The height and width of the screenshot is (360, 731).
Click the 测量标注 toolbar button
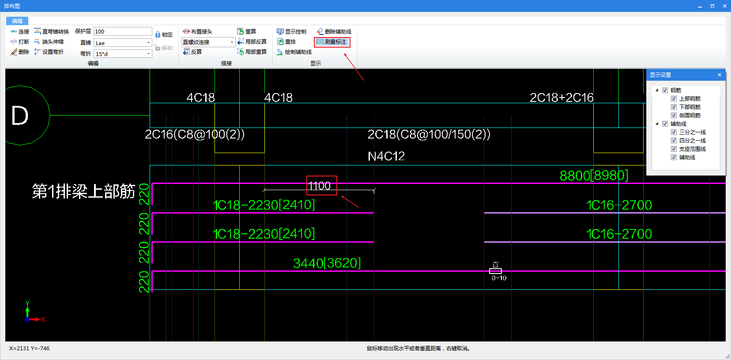(x=332, y=42)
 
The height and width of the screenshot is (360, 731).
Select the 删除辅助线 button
(x=334, y=32)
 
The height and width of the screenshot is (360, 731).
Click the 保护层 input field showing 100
(x=123, y=32)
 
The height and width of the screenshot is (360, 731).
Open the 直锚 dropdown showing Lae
(x=123, y=43)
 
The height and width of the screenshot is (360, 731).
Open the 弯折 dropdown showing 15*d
(x=123, y=54)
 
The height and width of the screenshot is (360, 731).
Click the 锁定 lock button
(x=164, y=34)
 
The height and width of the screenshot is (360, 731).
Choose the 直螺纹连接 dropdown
(x=208, y=42)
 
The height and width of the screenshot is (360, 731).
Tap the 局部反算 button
(x=252, y=42)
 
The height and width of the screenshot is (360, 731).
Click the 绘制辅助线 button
(x=294, y=52)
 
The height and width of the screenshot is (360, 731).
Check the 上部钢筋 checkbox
(x=674, y=98)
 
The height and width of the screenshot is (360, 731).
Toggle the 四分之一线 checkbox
(x=674, y=141)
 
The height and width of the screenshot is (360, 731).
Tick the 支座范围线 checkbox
(x=674, y=149)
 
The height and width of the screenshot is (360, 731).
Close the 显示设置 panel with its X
(x=719, y=75)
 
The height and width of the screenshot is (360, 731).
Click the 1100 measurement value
(x=319, y=186)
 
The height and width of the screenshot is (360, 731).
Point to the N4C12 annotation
(x=386, y=156)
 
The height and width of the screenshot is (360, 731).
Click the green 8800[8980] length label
(x=594, y=176)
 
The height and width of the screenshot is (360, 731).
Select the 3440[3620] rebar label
(x=327, y=263)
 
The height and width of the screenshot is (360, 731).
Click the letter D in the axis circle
(x=19, y=116)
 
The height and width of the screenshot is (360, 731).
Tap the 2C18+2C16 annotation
(x=561, y=97)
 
